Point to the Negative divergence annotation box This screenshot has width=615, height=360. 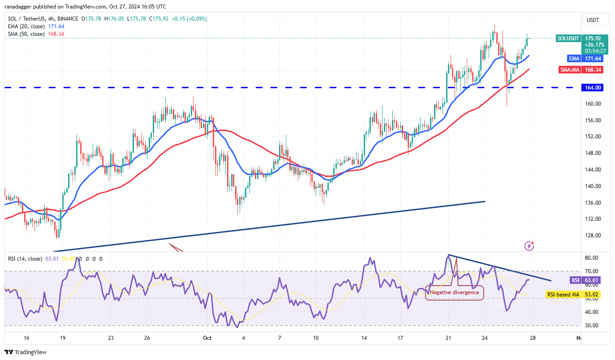(454, 292)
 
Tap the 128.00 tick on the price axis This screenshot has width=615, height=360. (592, 236)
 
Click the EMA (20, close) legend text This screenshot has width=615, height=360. (26, 26)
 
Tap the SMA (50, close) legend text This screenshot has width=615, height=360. (26, 34)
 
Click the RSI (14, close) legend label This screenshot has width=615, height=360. (24, 259)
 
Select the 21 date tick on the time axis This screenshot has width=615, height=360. (448, 338)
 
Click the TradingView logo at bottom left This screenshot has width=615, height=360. (26, 352)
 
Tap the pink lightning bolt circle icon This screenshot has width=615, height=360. (529, 245)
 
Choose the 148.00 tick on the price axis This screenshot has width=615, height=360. (592, 153)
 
